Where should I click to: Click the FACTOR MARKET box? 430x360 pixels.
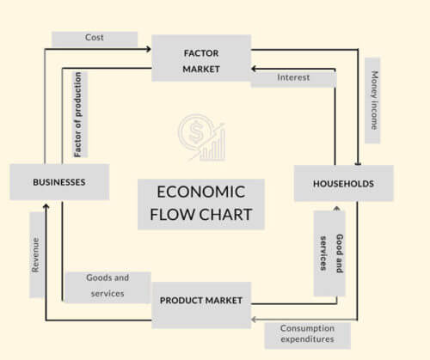201,58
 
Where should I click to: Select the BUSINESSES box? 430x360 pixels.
59,182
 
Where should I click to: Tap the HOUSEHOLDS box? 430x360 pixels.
343,183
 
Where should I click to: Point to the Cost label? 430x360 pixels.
95,39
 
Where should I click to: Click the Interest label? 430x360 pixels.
293,77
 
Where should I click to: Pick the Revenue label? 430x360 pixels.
37,255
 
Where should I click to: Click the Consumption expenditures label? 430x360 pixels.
306,335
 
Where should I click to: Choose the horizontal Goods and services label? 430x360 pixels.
107,286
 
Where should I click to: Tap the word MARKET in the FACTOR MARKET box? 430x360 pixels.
201,68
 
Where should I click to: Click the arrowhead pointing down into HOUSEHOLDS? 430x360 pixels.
357,162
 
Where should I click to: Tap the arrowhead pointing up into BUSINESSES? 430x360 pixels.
46,204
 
